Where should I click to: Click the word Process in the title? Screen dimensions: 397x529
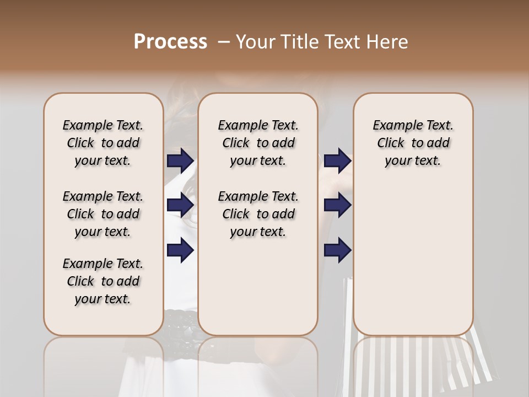click(170, 42)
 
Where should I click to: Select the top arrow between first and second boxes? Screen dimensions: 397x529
click(180, 161)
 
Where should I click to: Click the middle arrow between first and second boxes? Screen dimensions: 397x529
click(180, 206)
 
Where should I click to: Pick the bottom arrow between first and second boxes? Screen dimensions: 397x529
click(180, 250)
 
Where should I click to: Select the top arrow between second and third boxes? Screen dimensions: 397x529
click(337, 161)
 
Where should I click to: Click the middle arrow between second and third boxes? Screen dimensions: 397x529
click(337, 206)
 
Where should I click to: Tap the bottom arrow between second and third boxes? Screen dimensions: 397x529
click(337, 250)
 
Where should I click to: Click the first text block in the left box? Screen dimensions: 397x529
click(103, 143)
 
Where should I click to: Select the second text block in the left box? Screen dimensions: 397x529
click(103, 214)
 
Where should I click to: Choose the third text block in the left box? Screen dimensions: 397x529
click(103, 281)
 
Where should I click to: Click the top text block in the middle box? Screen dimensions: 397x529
click(258, 143)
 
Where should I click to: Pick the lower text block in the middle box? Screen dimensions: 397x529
click(258, 214)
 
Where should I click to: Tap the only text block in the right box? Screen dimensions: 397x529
click(413, 143)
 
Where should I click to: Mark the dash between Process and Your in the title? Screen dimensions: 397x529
click(223, 42)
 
